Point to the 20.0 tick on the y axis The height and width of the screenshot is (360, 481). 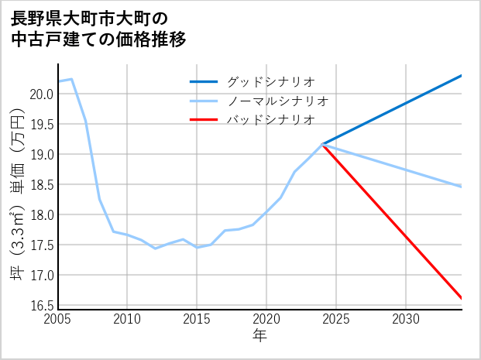click(42, 94)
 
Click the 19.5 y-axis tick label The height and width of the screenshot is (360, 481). click(42, 124)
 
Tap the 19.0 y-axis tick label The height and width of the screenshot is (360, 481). click(42, 154)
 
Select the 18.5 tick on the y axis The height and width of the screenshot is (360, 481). click(42, 184)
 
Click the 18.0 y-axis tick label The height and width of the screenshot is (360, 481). click(42, 214)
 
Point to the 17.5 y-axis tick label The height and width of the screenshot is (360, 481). click(42, 245)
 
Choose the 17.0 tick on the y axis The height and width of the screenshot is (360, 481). click(42, 275)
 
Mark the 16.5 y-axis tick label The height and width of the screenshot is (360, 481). click(42, 305)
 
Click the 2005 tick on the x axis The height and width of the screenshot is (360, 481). click(58, 319)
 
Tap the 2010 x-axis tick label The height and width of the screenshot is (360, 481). click(127, 319)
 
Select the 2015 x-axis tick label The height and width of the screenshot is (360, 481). click(197, 319)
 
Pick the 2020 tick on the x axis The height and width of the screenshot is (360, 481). click(266, 319)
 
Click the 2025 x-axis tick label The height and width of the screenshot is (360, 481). click(336, 319)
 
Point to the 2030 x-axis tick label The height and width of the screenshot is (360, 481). click(406, 319)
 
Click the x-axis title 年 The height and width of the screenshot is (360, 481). click(259, 336)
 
